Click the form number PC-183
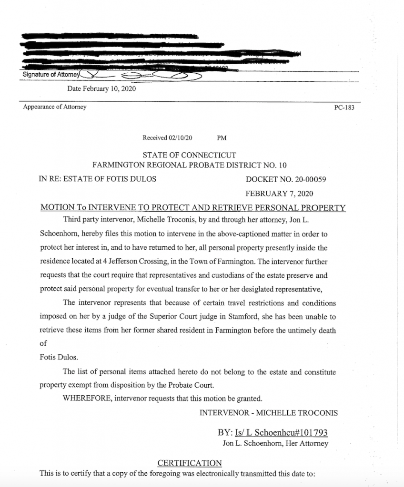[344, 108]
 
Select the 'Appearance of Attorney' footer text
[55, 107]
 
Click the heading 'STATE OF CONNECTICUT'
[189, 156]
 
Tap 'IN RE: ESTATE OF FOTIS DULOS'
[97, 179]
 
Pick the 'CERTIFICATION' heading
[189, 463]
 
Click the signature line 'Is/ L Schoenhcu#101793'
[280, 433]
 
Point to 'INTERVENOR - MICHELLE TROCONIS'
[269, 412]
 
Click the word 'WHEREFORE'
[87, 398]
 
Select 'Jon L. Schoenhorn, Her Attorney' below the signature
[275, 444]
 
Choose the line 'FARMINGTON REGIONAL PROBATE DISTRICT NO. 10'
[189, 165]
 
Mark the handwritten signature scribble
[143, 75]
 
